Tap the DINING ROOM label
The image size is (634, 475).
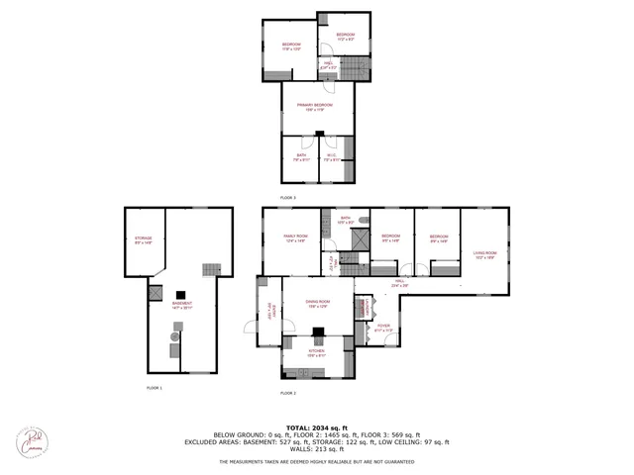point(317,303)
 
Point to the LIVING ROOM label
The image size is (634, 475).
point(484,254)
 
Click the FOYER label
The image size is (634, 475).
point(382,327)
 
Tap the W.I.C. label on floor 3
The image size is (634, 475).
point(336,156)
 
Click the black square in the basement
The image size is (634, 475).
point(180,294)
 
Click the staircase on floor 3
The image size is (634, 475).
point(353,68)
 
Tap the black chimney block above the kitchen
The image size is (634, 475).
point(317,333)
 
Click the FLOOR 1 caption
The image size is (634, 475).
point(153,388)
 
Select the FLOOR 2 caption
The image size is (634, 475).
point(287,393)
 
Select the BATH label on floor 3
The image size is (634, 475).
point(299,156)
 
